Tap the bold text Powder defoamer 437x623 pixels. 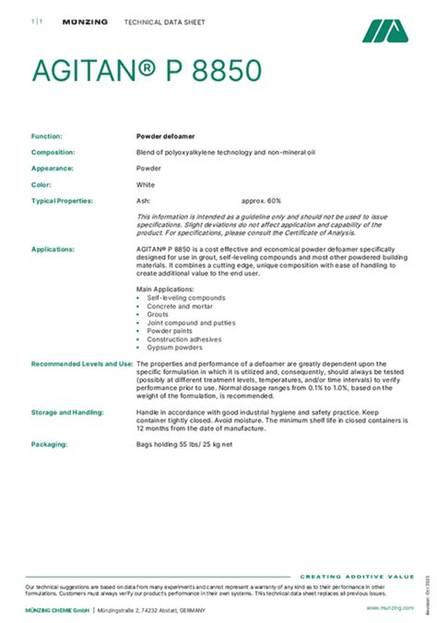point(162,135)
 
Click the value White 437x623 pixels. point(146,184)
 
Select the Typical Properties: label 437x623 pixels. point(62,200)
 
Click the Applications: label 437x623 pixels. point(53,249)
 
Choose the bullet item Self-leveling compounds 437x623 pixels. point(185,298)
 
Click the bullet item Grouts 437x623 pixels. point(158,314)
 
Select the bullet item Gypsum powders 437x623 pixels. point(176,347)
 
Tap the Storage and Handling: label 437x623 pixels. point(67,412)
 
